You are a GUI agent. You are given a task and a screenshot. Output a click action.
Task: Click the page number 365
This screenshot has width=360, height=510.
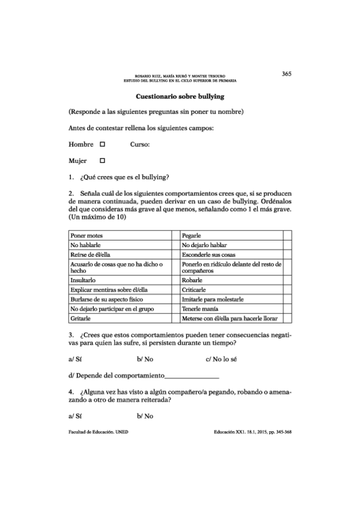click(286, 73)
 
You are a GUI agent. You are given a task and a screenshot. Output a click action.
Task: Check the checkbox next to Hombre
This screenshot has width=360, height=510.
click(102, 144)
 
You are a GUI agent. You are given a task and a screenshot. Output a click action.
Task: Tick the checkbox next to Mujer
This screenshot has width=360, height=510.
click(102, 161)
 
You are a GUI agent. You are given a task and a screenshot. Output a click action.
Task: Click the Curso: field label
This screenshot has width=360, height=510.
click(139, 144)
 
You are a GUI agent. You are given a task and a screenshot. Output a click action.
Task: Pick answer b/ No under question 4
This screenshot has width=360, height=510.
click(145, 416)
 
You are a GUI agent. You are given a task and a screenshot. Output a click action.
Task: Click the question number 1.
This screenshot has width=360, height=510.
click(72, 177)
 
